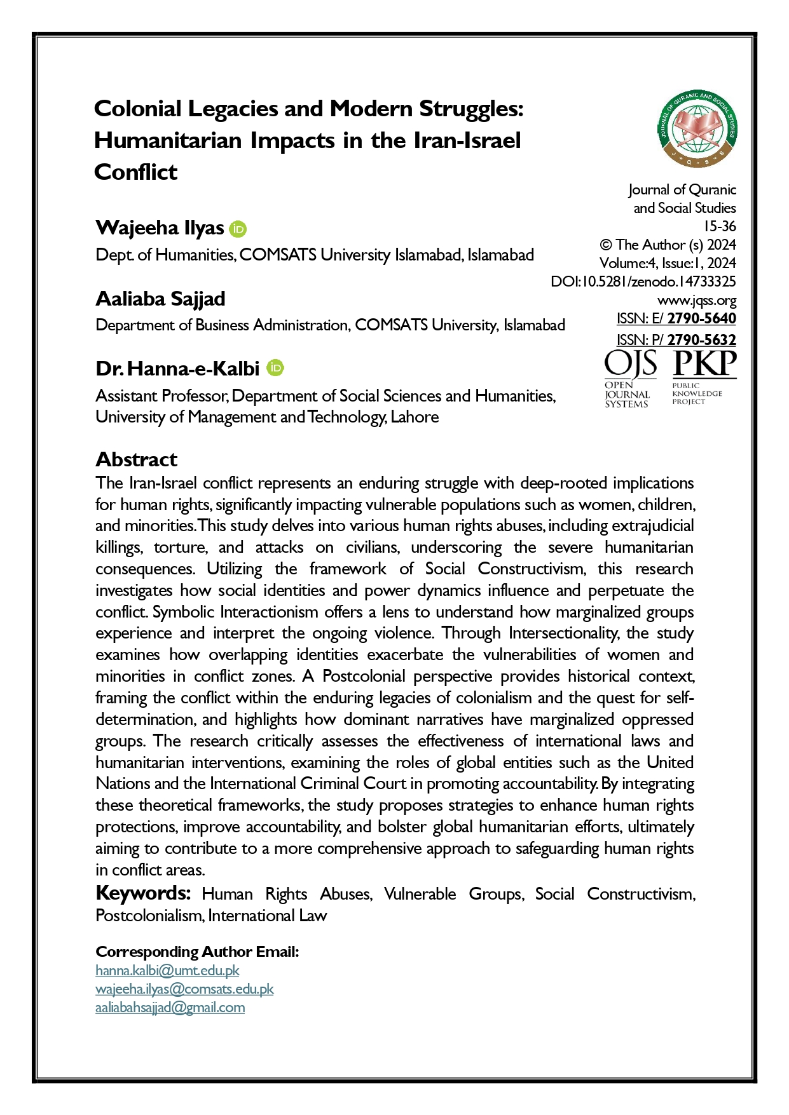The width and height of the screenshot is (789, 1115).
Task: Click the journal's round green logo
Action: click(697, 129)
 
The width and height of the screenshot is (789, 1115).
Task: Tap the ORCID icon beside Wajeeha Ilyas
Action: click(238, 229)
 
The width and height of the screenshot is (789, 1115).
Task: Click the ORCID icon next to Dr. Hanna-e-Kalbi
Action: click(275, 368)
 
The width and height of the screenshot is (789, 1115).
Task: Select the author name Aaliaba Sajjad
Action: click(160, 299)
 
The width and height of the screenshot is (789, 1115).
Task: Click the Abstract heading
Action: click(136, 459)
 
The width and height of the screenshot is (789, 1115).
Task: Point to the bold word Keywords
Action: click(143, 893)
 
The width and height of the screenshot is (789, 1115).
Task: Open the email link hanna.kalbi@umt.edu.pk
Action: click(167, 970)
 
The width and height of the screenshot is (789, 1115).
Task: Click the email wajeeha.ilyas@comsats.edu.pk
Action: click(184, 989)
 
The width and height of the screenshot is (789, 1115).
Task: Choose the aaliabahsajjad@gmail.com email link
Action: click(170, 1007)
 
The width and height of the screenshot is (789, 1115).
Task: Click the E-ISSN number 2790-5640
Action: click(701, 318)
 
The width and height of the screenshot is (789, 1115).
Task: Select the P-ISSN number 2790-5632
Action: click(701, 339)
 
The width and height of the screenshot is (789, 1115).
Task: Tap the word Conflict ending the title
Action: click(135, 172)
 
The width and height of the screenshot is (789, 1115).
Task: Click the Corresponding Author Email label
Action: click(197, 951)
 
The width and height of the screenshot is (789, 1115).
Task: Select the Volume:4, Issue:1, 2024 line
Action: click(667, 263)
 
